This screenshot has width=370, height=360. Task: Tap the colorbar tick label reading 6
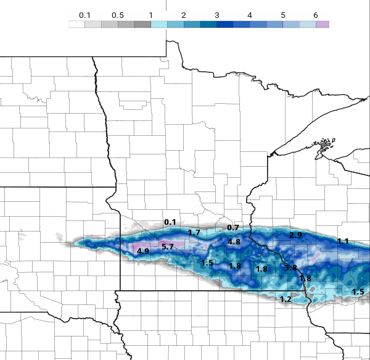click(315, 14)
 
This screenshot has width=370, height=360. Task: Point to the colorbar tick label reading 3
click(216, 14)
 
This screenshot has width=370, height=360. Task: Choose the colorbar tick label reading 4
click(249, 14)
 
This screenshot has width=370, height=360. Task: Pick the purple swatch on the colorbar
click(323, 24)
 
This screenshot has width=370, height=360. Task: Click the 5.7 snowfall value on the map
click(168, 247)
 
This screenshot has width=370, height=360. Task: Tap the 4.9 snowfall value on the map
click(143, 251)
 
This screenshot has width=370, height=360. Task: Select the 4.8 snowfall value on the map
click(234, 242)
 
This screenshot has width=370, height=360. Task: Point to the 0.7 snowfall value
click(233, 228)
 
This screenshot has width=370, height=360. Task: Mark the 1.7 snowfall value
click(194, 233)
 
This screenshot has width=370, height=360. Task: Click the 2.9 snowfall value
click(295, 236)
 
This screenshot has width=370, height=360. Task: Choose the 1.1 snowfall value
click(343, 241)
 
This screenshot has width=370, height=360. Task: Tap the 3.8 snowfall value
click(291, 268)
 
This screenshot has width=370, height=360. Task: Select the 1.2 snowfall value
click(286, 299)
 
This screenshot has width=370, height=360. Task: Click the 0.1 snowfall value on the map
click(170, 222)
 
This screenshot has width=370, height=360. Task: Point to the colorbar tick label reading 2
click(183, 14)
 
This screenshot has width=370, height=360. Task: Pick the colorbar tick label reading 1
click(150, 14)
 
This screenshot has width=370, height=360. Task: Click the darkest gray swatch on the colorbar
click(142, 24)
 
